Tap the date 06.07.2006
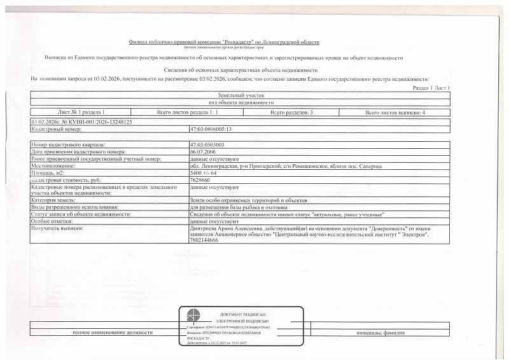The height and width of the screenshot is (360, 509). point(202,152)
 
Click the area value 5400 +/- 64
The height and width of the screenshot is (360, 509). point(204,173)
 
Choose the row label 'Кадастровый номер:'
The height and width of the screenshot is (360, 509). point(57,129)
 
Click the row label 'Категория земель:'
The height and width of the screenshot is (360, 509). point(53,200)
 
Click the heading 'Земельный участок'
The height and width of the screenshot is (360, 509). point(241,95)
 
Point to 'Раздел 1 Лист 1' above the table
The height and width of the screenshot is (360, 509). point(431,87)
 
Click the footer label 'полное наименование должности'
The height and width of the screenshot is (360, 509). point(104,333)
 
